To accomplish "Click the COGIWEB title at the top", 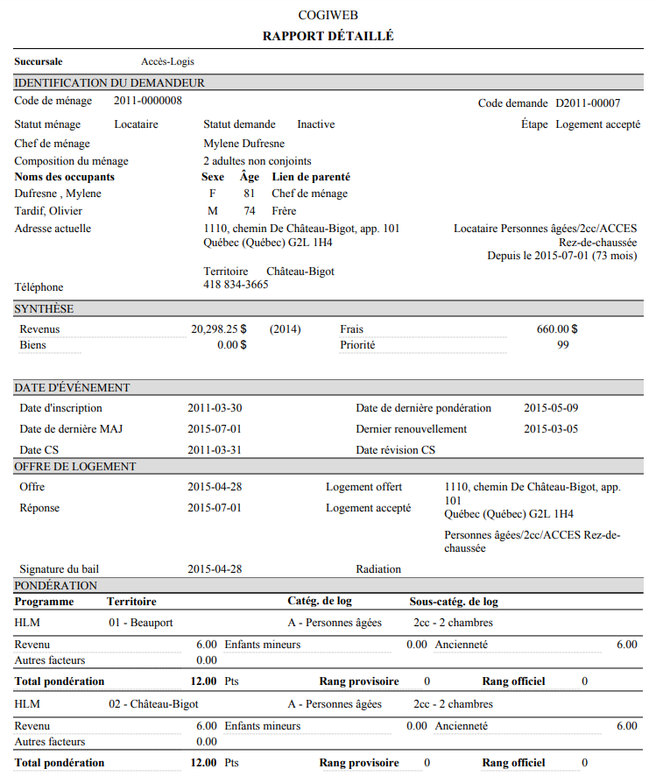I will (x=328, y=15).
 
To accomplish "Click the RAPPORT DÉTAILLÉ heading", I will (x=328, y=36).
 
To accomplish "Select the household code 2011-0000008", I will (x=148, y=101).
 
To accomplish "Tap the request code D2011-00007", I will (x=588, y=103).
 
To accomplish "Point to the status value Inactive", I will (x=315, y=124).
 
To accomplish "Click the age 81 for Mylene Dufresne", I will (x=250, y=194).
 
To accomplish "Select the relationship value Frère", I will (x=284, y=211).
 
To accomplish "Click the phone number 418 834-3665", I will (x=236, y=285).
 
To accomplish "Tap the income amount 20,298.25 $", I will (x=219, y=329).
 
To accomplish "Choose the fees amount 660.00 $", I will (x=556, y=329).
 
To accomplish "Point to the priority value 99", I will (x=562, y=345).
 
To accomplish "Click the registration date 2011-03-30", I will (x=215, y=408).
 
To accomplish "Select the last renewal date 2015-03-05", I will (x=551, y=429).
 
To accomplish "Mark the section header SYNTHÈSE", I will (x=44, y=309).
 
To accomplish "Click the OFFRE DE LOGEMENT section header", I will (x=75, y=467).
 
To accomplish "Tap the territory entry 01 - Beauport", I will (x=140, y=623).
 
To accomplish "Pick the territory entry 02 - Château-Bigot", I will (x=153, y=704).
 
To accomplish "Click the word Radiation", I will (x=378, y=569).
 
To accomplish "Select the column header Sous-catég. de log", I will (x=454, y=602).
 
